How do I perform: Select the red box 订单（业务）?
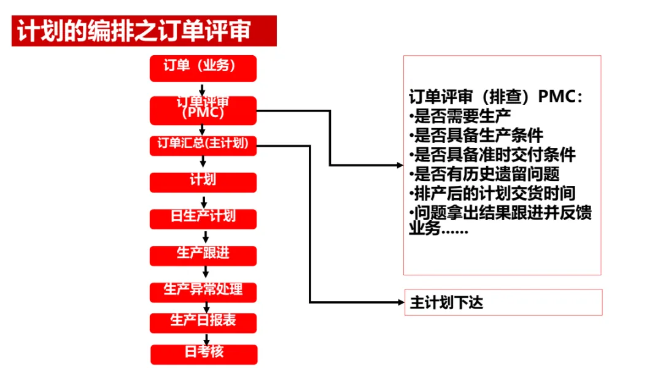pos(203,68)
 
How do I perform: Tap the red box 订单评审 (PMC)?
pos(203,110)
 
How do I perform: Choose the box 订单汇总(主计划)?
pos(203,145)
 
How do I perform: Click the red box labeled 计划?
pos(203,182)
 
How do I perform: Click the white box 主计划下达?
pos(503,302)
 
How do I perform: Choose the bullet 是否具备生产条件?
pos(476,135)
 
